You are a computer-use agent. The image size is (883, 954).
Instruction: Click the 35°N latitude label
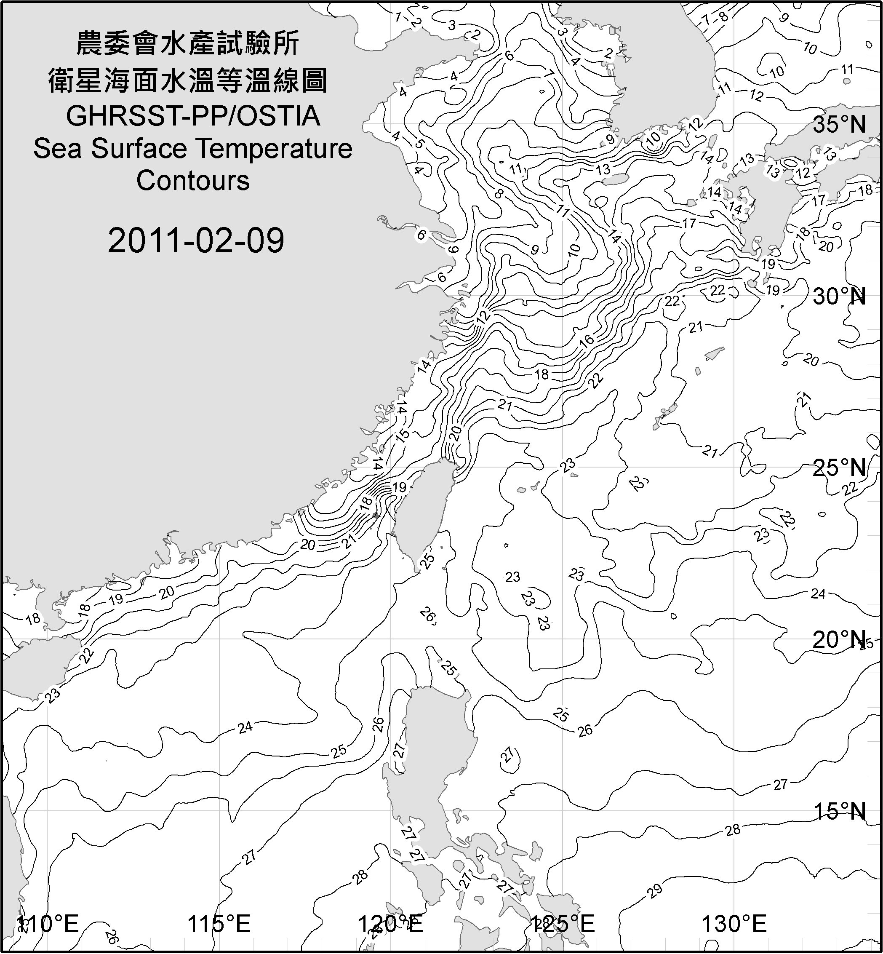(840, 125)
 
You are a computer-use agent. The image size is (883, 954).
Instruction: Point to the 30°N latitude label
(840, 297)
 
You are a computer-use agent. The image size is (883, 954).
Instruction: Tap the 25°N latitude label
(840, 468)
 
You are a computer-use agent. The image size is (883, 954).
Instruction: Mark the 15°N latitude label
(840, 812)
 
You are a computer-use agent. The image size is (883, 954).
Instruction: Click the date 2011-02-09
(196, 241)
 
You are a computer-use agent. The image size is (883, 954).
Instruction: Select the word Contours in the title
(193, 181)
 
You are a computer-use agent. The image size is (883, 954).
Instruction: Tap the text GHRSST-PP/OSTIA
(193, 116)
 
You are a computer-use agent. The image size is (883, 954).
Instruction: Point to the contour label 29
(655, 890)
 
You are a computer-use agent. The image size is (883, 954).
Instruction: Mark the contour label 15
(403, 435)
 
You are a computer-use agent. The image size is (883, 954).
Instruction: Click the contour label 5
(419, 143)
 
